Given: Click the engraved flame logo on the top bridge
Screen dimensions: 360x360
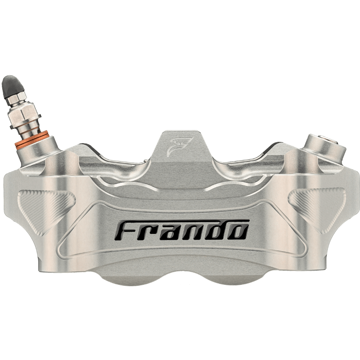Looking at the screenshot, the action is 179,147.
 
